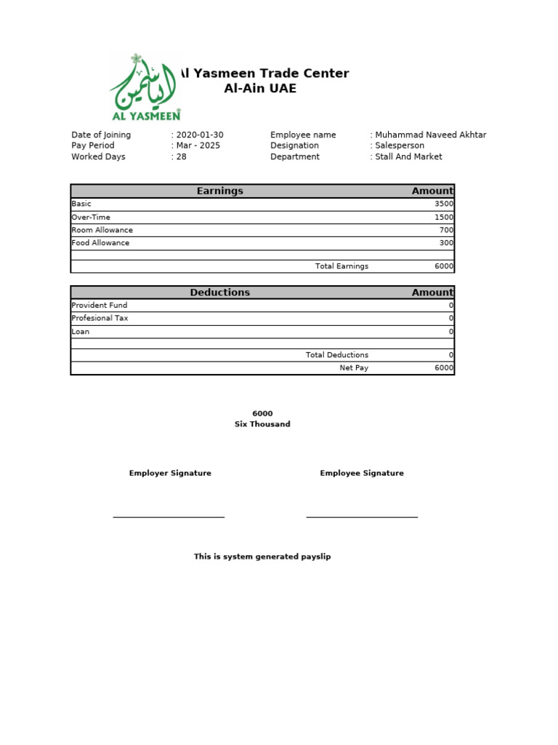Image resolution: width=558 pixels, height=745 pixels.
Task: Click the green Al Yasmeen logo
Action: coord(145,87)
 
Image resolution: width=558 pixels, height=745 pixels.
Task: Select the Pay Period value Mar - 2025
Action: coord(198,146)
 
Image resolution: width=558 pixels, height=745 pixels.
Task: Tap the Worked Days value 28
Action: coord(181,156)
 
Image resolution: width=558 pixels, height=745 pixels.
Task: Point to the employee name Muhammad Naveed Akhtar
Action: coord(430,135)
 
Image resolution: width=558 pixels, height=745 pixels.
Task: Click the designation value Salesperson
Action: coord(399,146)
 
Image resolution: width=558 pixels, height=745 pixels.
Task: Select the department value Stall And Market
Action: coord(408,156)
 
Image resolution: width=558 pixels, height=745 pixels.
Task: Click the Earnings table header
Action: coord(219,191)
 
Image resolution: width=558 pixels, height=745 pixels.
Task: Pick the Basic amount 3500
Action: coord(444,204)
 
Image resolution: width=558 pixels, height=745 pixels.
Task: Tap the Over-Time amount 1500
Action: coord(444,217)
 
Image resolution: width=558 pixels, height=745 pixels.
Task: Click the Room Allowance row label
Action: coord(102,230)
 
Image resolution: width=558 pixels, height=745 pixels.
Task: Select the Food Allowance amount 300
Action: coord(446,243)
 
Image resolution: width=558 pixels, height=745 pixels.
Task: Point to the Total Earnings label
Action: coord(341,266)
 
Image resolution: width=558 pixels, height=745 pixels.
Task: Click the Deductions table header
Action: coord(219,292)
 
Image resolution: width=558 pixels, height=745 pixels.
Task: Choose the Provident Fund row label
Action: coord(100,306)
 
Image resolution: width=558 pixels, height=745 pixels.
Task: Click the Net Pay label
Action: coord(354,368)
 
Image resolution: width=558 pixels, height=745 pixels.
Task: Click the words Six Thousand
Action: coord(262,424)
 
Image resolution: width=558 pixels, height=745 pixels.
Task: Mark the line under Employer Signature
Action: coord(169,517)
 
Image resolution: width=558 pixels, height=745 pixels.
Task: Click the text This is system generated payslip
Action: coord(262,557)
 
